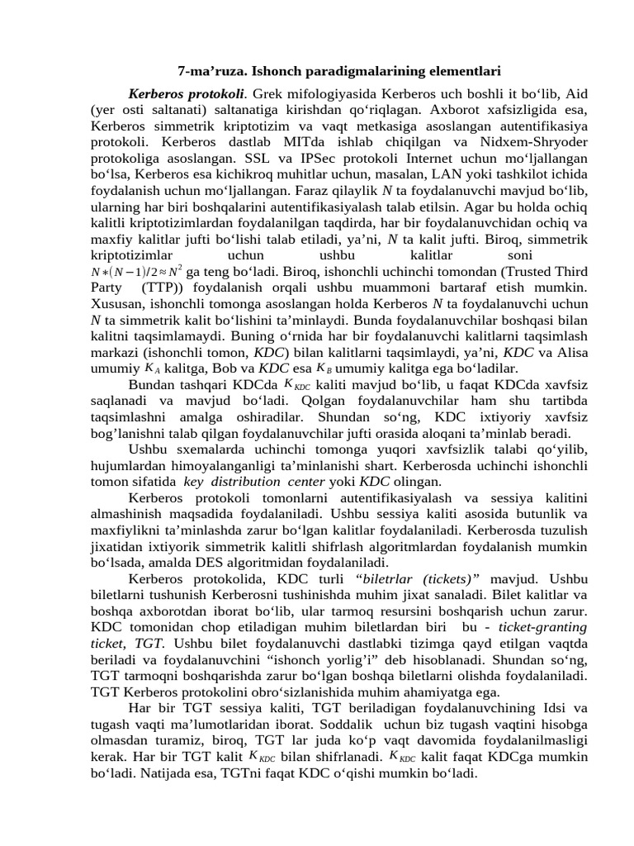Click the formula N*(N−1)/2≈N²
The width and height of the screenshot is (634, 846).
pos(137,273)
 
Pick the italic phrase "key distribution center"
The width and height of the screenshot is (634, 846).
pos(255,482)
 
